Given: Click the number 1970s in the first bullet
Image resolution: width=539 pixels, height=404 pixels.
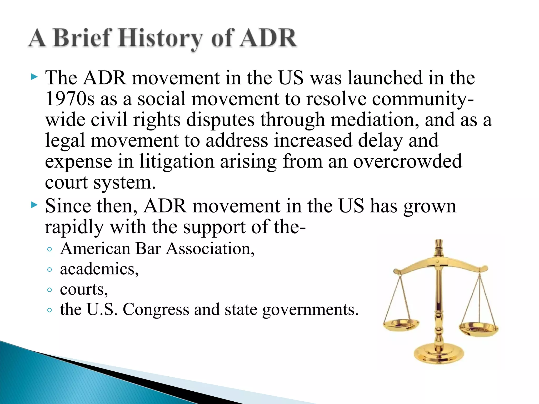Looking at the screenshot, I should pyautogui.click(x=70, y=99).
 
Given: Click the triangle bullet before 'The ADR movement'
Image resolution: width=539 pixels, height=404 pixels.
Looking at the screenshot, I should pyautogui.click(x=34, y=77).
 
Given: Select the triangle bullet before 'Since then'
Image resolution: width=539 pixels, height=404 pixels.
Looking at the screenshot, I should pyautogui.click(x=34, y=205).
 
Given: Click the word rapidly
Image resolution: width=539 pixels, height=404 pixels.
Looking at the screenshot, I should pyautogui.click(x=74, y=227).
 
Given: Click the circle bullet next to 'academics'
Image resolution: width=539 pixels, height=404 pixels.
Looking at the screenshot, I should pyautogui.click(x=49, y=270).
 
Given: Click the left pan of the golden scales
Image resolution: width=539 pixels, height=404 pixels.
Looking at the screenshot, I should pyautogui.click(x=401, y=325).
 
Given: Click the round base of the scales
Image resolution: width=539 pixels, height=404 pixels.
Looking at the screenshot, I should pyautogui.click(x=438, y=354).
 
